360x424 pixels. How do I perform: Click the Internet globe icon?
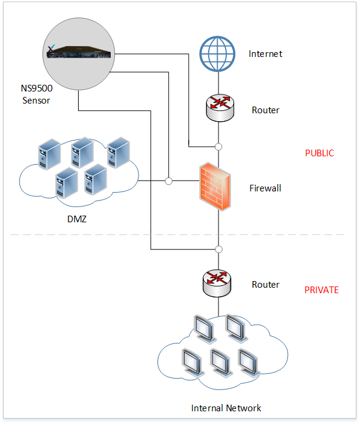217,54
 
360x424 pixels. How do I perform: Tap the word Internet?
265,54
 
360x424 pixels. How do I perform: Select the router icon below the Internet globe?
220,108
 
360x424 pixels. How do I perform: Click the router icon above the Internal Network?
217,283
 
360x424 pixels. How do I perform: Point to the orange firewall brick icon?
215,187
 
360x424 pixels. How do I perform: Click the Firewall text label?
265,188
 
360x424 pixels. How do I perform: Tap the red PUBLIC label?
319,153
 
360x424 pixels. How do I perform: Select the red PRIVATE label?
321,290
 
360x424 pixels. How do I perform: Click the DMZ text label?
77,219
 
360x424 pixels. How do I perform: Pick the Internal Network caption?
226,408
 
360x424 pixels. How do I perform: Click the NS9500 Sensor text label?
36,94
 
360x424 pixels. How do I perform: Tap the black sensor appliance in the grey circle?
79,51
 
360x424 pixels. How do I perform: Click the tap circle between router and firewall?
218,147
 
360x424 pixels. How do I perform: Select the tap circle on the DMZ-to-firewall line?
169,181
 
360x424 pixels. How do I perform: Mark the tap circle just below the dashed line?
219,249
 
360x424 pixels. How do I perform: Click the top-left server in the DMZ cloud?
50,154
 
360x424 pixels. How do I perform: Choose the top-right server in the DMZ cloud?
119,153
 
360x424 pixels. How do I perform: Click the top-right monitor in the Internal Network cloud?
237,328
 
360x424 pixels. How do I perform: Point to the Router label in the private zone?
266,285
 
